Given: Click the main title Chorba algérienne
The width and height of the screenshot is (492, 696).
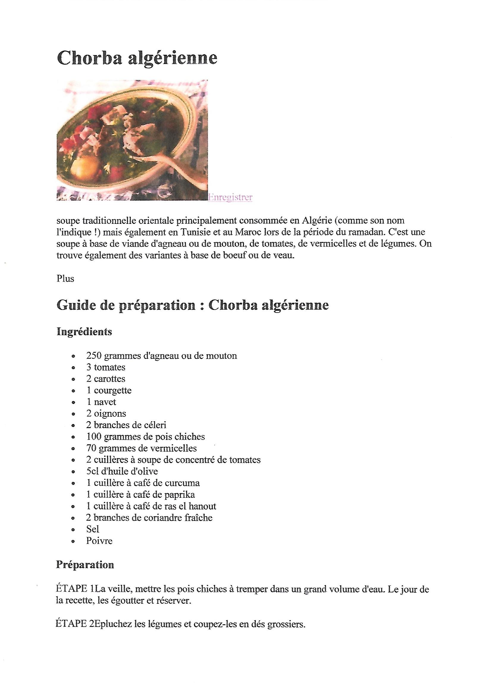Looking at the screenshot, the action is coord(137,58).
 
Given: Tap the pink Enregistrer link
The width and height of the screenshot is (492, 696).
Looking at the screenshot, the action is coord(230,197).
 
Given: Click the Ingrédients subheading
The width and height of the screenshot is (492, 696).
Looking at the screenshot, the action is coord(84,332).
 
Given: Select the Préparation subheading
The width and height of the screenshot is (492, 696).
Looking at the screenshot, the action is coord(85,565).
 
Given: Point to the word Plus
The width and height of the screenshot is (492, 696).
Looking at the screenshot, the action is coord(65,279).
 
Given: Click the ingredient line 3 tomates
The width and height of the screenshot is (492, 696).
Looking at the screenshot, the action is coord(106,367).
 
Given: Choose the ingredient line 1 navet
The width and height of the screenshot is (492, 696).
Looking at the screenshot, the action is coord(101,402).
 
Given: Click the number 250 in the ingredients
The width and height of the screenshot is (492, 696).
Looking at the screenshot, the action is coord(94,355).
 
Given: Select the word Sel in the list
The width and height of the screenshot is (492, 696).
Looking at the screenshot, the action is coord(93,529).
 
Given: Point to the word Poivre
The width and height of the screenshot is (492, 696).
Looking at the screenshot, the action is coord(99,541).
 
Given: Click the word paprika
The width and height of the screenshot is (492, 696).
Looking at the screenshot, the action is coord(179,495).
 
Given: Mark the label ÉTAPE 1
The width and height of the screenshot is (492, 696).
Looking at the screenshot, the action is coord(76,589).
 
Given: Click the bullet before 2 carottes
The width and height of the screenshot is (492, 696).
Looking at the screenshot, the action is coord(73,380).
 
